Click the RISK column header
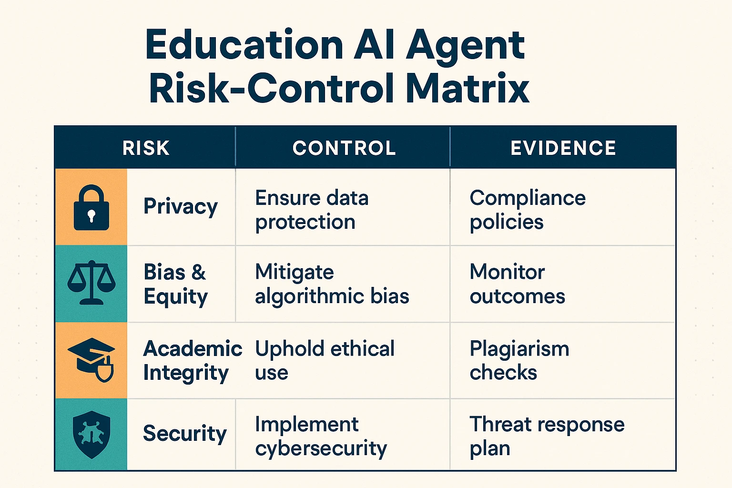point(146,148)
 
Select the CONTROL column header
point(344,148)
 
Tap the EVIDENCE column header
point(563,148)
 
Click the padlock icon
point(91,208)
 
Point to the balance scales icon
point(91,283)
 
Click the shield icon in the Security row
point(91,434)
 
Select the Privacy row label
point(181,207)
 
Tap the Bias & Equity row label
point(175,284)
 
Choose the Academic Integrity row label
point(193,360)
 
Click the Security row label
point(185,434)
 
